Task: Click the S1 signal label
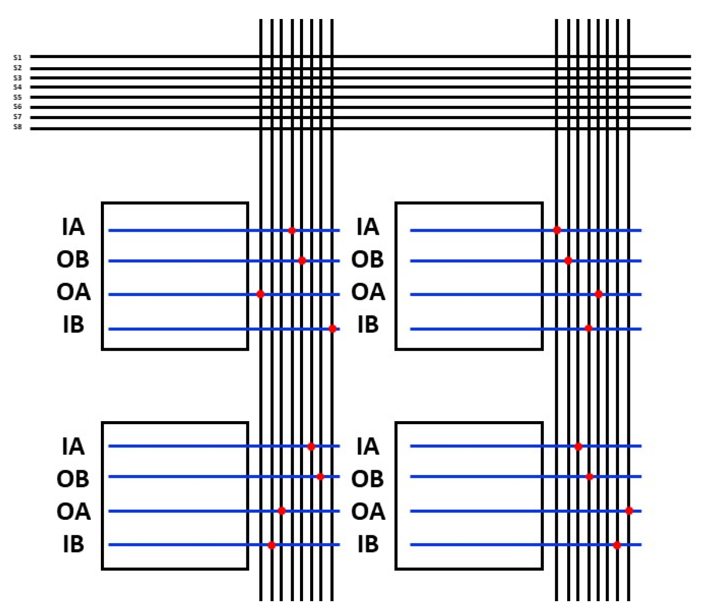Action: [x=17, y=58]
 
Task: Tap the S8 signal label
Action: [x=17, y=127]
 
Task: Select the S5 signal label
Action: [x=17, y=97]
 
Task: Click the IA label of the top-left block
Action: [x=73, y=227]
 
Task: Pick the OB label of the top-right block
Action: [x=367, y=259]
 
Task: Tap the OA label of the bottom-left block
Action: [x=73, y=511]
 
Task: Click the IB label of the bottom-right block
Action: [x=368, y=544]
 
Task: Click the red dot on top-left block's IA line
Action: [x=292, y=230]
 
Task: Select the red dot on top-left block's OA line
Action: [x=261, y=294]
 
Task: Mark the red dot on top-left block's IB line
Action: [x=332, y=329]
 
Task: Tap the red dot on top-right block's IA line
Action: [x=557, y=230]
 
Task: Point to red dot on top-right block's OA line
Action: [x=599, y=294]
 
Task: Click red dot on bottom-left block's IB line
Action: [x=272, y=545]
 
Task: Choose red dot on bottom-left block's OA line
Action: [x=281, y=511]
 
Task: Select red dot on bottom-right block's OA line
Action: [x=629, y=511]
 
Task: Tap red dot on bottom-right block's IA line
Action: [x=578, y=446]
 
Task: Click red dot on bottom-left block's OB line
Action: [x=321, y=476]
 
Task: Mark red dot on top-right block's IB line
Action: [x=588, y=328]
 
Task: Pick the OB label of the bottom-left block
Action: [x=73, y=479]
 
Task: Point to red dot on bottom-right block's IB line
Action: [x=617, y=545]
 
